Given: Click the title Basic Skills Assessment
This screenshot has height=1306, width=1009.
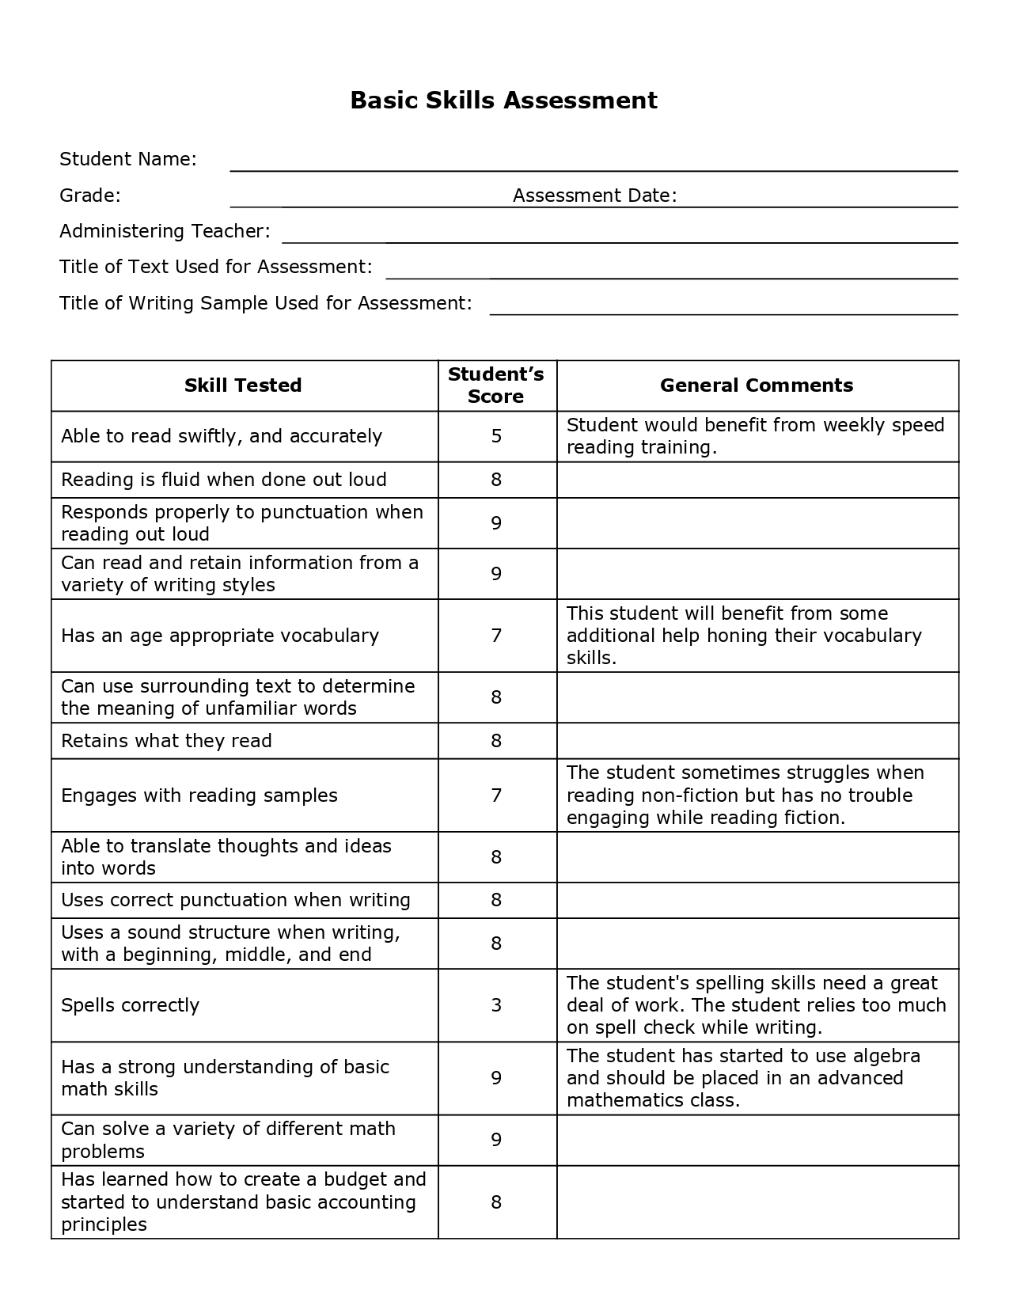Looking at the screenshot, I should click(503, 101).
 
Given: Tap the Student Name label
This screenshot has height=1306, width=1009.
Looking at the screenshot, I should click(127, 159).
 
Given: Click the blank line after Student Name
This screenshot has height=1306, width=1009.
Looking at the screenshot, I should click(594, 165).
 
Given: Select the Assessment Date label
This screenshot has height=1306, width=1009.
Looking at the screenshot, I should click(594, 196).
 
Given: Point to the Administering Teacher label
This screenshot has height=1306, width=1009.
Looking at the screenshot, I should click(165, 231).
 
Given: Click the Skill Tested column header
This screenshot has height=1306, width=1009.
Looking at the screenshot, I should click(243, 385).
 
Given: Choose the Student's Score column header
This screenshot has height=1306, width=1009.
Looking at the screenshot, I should click(496, 385).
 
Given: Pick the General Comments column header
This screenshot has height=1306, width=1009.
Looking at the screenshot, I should click(757, 385).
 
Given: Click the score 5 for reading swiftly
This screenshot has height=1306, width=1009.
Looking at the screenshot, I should click(496, 436).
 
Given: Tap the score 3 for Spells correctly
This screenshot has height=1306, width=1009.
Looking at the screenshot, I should click(496, 1005).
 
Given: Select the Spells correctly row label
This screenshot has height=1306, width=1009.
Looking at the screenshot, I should click(131, 1005).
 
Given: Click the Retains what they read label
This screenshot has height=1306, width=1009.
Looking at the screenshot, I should click(166, 741).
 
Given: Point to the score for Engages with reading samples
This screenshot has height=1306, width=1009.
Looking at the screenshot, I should click(496, 795).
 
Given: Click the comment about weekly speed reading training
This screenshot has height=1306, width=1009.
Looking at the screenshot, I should click(755, 436).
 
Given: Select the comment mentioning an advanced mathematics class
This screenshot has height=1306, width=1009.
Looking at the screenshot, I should click(743, 1078).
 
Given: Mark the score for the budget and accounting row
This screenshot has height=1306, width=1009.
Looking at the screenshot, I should click(496, 1202).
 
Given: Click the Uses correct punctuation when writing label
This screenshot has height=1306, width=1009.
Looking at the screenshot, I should click(236, 900).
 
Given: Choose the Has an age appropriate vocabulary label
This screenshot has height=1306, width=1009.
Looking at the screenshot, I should click(220, 636).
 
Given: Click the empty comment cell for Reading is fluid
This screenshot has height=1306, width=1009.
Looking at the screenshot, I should click(757, 480).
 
